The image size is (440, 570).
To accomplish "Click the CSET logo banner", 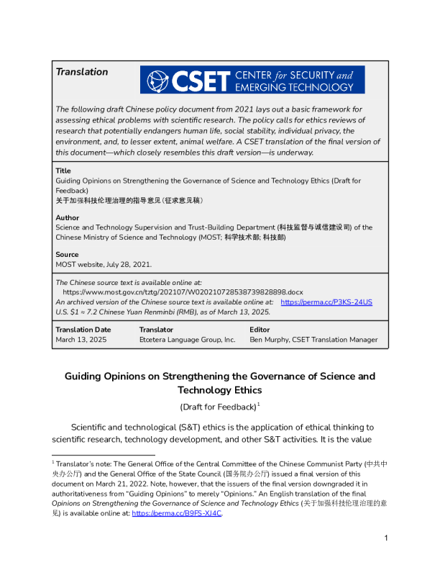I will tap(252, 80).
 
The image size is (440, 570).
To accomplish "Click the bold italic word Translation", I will tap(82, 72).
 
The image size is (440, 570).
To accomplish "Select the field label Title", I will tap(63, 171).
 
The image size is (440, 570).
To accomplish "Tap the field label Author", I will tap(68, 217).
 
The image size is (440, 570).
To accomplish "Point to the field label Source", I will tap(68, 255).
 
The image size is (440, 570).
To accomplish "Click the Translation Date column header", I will tap(83, 330).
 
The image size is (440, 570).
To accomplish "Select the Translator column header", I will tap(157, 330).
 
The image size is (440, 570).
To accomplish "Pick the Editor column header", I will tap(260, 330).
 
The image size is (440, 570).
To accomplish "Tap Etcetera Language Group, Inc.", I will tap(187, 340).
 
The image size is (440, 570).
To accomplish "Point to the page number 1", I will tap(386, 558).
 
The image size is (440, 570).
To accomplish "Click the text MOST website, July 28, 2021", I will tap(104, 264).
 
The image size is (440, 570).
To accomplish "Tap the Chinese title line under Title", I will tap(129, 199).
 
